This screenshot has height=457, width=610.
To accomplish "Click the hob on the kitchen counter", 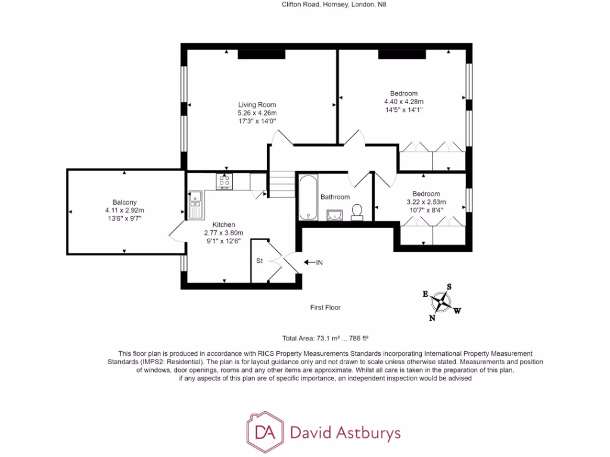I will point(225,181).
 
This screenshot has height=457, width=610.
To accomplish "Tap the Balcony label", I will point(125,202).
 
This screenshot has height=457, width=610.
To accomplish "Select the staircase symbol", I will point(283,184).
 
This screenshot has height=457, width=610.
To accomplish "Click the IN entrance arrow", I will point(313,262).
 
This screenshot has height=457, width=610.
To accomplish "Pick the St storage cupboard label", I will point(260,261).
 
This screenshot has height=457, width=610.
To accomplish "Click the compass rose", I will point(441,302).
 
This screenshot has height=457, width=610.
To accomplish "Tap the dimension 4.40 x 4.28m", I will point(404,102).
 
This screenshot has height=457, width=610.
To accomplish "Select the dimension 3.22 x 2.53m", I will point(426,202).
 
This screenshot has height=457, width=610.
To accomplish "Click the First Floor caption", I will point(325,308).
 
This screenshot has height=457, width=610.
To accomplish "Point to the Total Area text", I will point(329,338).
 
